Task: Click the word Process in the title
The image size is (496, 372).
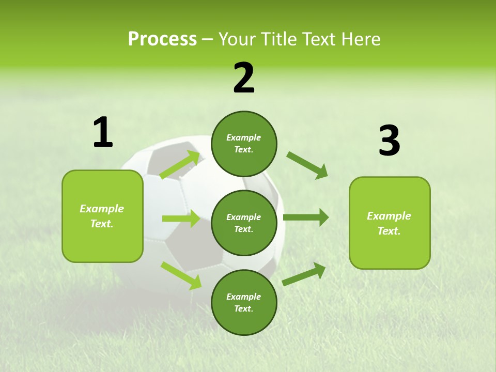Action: pyautogui.click(x=162, y=39)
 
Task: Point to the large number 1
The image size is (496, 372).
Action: pyautogui.click(x=103, y=133)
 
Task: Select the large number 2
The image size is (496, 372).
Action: pyautogui.click(x=244, y=78)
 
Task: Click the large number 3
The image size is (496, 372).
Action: pyautogui.click(x=390, y=141)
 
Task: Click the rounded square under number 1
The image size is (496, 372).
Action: pyautogui.click(x=102, y=216)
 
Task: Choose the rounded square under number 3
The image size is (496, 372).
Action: pyautogui.click(x=390, y=223)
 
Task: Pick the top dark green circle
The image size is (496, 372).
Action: pyautogui.click(x=244, y=144)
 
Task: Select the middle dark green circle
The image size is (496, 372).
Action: pyautogui.click(x=244, y=223)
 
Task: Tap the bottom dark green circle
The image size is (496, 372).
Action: pyautogui.click(x=244, y=303)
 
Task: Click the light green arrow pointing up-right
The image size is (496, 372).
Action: pyautogui.click(x=180, y=165)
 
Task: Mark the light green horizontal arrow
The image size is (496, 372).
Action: pyautogui.click(x=181, y=219)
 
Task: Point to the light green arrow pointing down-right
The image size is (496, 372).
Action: pyautogui.click(x=181, y=275)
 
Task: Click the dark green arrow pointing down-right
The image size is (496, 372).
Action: pyautogui.click(x=307, y=165)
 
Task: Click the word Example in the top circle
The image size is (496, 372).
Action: pyautogui.click(x=244, y=138)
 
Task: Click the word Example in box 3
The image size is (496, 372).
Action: pyautogui.click(x=389, y=216)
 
